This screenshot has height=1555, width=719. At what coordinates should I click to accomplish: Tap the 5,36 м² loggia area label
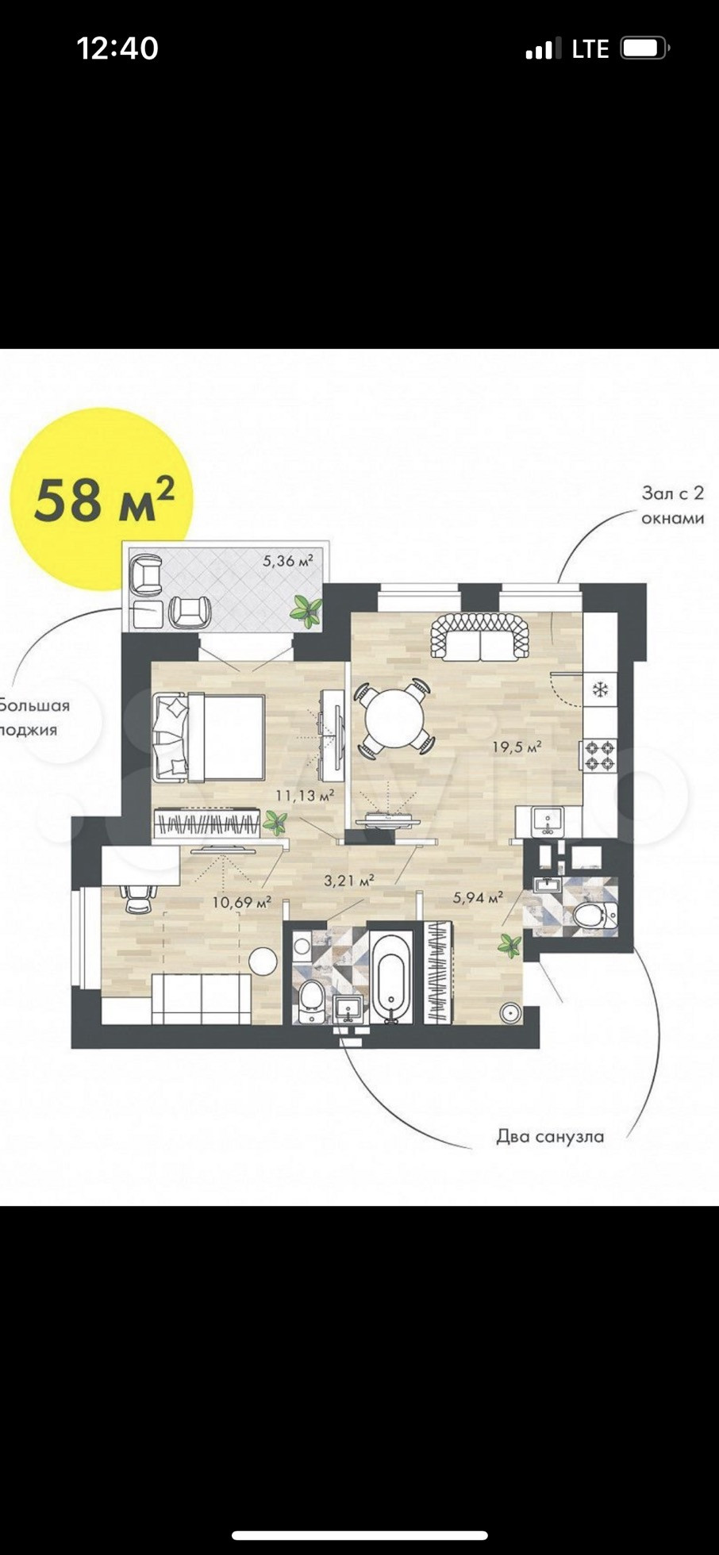(x=288, y=561)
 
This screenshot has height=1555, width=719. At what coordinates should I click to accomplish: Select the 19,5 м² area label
(x=517, y=747)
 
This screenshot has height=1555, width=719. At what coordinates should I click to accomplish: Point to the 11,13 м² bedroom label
(x=304, y=795)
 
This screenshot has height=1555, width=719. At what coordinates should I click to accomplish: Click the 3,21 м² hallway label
(x=349, y=880)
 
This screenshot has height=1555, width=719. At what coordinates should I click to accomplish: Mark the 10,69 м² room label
(x=242, y=902)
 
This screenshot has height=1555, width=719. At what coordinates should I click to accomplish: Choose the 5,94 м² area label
(x=478, y=897)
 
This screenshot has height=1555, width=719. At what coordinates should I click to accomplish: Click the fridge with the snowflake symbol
(x=600, y=689)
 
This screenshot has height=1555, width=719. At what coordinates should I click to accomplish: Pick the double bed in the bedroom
(x=209, y=735)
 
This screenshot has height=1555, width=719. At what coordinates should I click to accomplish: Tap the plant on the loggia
(x=306, y=611)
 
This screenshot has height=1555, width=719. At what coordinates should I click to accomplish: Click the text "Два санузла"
(x=550, y=1136)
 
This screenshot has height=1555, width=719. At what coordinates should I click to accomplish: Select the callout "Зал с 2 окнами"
(x=673, y=505)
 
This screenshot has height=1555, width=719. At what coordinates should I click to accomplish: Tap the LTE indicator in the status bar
(x=590, y=49)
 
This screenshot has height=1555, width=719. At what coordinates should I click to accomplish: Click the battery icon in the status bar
(x=645, y=48)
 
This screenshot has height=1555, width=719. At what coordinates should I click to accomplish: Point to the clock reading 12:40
(x=117, y=48)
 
